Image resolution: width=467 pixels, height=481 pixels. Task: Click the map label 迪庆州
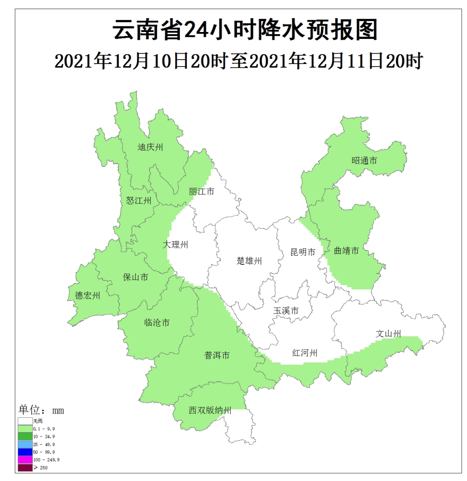[x=150, y=147]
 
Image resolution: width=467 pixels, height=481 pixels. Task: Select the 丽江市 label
[x=202, y=191]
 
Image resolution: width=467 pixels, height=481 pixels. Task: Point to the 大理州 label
[x=176, y=244]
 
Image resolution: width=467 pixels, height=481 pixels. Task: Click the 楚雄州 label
[x=249, y=261]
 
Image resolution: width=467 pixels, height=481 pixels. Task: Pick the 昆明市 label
[x=303, y=252]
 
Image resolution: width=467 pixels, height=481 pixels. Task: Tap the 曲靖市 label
[x=346, y=250]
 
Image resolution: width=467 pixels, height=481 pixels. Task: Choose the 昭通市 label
[x=364, y=160]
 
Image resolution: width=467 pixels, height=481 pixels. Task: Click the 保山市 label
[x=136, y=277]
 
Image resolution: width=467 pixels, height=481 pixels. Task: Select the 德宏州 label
[x=88, y=295]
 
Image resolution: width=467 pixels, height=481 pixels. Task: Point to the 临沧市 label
[x=157, y=322]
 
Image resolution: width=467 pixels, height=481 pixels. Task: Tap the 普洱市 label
[x=217, y=356]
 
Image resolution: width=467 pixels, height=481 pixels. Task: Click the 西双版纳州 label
[x=210, y=410]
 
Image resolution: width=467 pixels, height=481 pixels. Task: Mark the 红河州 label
[x=305, y=353]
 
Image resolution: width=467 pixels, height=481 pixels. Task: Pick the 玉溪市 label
[x=286, y=311]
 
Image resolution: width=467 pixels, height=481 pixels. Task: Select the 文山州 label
[x=388, y=333]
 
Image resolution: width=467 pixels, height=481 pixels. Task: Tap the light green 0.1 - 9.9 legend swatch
[x=25, y=428]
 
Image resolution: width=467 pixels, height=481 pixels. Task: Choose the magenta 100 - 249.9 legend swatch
[x=25, y=459]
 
